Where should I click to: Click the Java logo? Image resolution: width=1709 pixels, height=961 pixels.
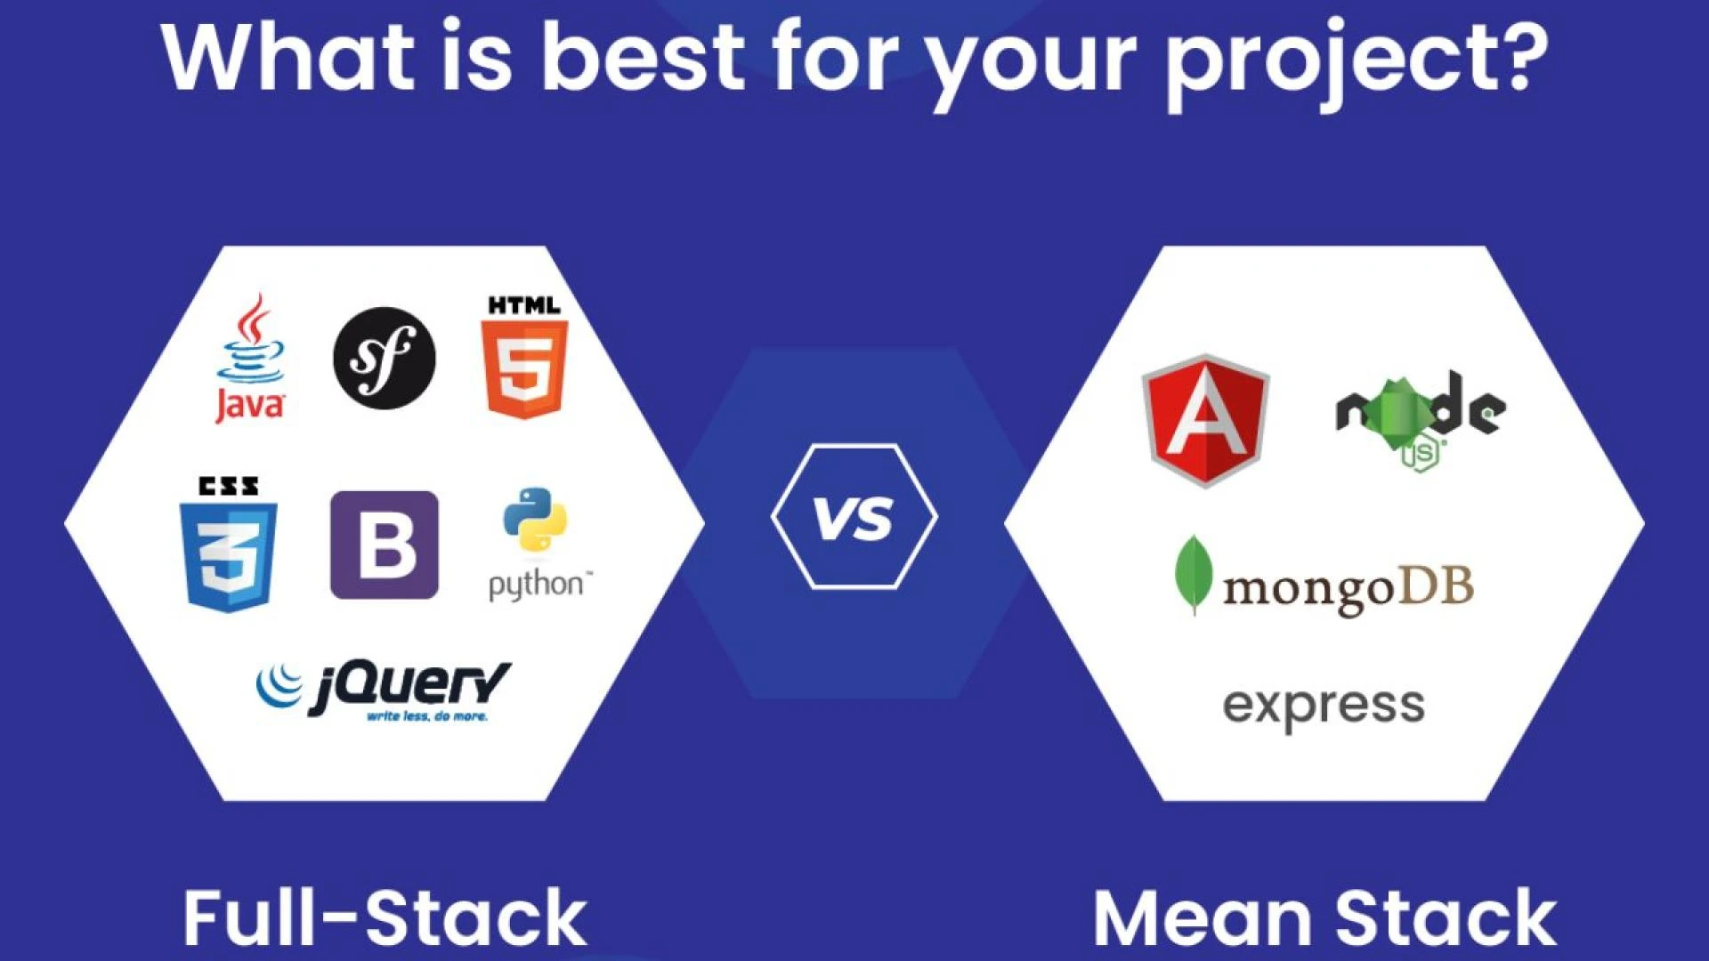tap(251, 359)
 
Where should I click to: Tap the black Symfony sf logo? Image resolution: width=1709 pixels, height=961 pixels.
tap(385, 358)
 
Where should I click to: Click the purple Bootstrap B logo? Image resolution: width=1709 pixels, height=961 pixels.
tap(385, 545)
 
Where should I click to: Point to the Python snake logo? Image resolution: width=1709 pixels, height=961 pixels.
tap(534, 521)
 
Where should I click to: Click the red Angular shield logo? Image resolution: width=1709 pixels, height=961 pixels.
tap(1205, 420)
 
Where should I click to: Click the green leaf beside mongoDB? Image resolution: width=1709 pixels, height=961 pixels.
tap(1193, 574)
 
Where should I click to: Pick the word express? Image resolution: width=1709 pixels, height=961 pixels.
tap(1324, 707)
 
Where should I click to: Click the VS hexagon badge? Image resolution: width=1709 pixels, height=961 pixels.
tap(854, 516)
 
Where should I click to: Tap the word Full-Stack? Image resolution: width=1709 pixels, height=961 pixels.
tap(385, 917)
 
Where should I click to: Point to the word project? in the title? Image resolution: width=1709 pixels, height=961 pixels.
tap(1357, 61)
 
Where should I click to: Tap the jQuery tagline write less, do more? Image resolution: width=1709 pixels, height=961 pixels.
tap(427, 716)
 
